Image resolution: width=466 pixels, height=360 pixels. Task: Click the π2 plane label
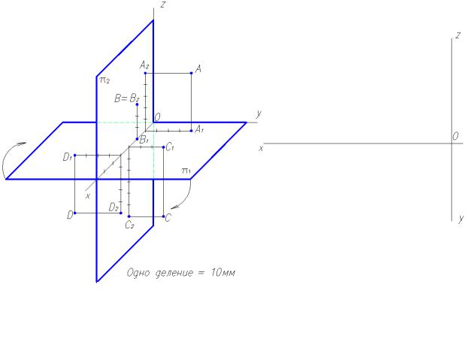[104, 80]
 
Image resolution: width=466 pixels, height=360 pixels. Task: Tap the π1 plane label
[186, 171]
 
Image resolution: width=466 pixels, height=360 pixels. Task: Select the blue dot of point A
[192, 73]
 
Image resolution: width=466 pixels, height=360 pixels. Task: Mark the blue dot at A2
[145, 73]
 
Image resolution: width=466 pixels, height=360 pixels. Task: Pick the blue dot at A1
[192, 131]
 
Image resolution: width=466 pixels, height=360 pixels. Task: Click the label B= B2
[126, 98]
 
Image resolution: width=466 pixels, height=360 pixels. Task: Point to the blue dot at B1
[137, 139]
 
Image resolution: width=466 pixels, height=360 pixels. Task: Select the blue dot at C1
[164, 147]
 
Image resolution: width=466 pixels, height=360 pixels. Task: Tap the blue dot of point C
[164, 216]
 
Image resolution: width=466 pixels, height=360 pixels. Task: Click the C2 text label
[129, 225]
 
